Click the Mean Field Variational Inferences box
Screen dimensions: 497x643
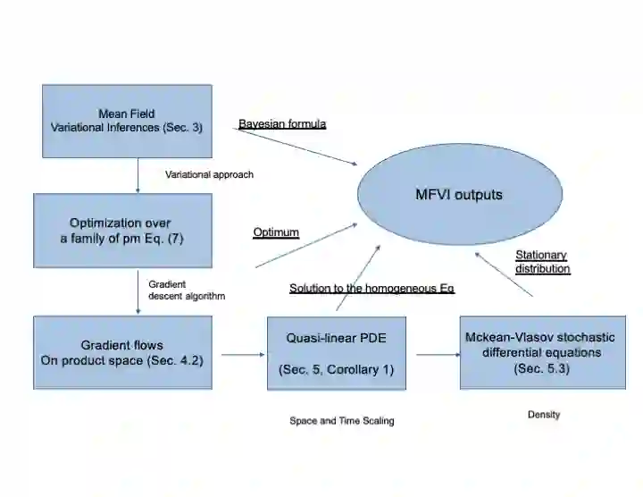pyautogui.click(x=127, y=122)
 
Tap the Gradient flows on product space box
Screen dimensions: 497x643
pyautogui.click(x=122, y=352)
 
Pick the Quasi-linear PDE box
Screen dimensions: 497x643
pyautogui.click(x=336, y=352)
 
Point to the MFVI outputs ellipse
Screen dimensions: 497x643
pyautogui.click(x=460, y=194)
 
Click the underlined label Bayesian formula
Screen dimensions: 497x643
pyautogui.click(x=282, y=123)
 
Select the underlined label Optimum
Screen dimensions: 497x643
pyautogui.click(x=275, y=232)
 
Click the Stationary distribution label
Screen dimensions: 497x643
pyautogui.click(x=542, y=261)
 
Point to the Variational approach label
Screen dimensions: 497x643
pyautogui.click(x=210, y=174)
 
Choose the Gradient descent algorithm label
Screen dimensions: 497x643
pyautogui.click(x=187, y=290)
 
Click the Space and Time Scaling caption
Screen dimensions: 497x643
pyautogui.click(x=341, y=420)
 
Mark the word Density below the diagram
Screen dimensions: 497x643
pyautogui.click(x=543, y=415)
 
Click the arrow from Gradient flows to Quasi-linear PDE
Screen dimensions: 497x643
pyautogui.click(x=239, y=355)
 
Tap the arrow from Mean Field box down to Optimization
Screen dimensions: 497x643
pyautogui.click(x=138, y=175)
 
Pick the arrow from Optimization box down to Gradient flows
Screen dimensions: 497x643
pyautogui.click(x=138, y=291)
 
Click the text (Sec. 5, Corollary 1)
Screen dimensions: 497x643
pyautogui.click(x=336, y=369)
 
